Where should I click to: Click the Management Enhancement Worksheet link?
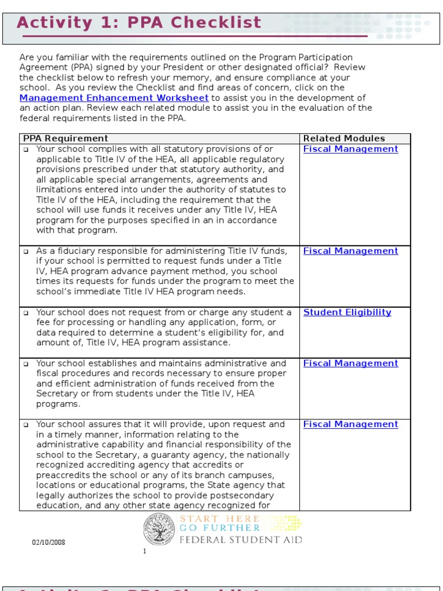tap(114, 98)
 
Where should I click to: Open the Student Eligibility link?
tap(347, 312)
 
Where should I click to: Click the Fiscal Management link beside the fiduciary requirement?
tap(351, 251)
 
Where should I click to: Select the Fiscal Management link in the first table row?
tap(351, 149)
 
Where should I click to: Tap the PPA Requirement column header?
tap(65, 139)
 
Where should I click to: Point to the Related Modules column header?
tap(344, 139)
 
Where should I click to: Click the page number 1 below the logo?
tap(145, 551)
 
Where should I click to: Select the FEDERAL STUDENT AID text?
tap(241, 540)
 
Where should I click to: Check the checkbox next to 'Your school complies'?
tap(26, 149)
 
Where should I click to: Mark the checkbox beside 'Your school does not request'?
tap(26, 313)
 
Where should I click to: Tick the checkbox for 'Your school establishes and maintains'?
tap(26, 364)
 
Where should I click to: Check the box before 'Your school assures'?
tap(26, 425)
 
